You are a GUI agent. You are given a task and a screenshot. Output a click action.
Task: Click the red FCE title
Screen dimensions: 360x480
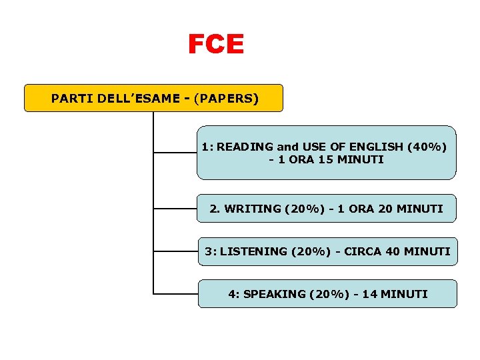click(x=216, y=45)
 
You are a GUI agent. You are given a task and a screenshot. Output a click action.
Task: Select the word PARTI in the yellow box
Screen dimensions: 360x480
click(x=71, y=99)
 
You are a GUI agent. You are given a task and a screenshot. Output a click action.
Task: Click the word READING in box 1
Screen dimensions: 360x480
click(x=245, y=147)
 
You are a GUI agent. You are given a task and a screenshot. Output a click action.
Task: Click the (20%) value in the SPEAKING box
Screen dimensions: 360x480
click(x=329, y=294)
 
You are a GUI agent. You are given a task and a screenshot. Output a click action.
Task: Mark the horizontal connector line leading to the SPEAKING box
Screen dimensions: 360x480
click(x=175, y=293)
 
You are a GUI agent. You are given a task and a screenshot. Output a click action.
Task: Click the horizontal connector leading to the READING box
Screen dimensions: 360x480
click(x=175, y=153)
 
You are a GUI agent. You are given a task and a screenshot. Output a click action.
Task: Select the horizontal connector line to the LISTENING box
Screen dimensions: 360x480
click(x=175, y=252)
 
